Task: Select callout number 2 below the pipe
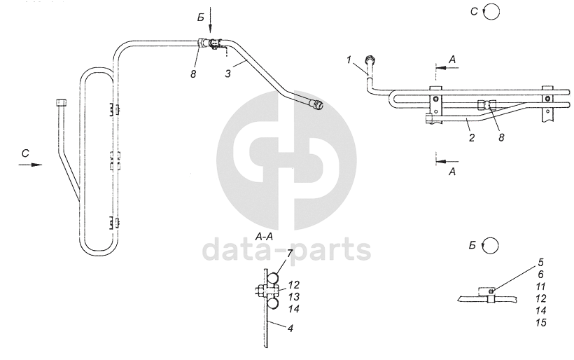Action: pos(472,138)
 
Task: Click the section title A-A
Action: pos(264,237)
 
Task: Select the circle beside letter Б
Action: pos(491,245)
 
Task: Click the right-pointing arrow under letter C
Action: pos(31,165)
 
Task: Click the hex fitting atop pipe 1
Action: pos(370,58)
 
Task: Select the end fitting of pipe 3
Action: pos(317,105)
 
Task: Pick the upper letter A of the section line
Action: pos(452,61)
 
